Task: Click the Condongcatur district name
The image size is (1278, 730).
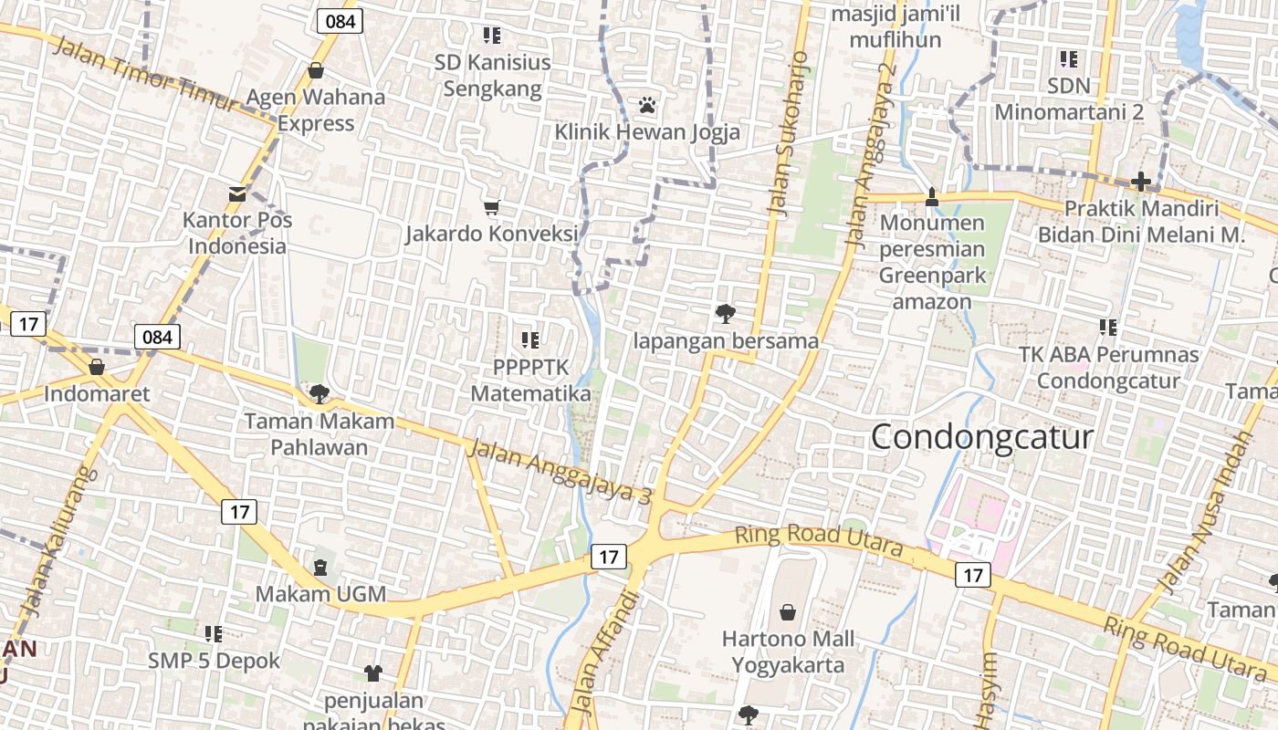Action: click(981, 436)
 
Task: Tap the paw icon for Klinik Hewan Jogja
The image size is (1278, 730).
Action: click(648, 105)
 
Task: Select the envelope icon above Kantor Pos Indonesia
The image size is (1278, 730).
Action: click(237, 193)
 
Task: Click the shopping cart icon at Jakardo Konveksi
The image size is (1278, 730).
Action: click(492, 208)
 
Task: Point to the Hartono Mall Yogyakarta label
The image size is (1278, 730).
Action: click(789, 651)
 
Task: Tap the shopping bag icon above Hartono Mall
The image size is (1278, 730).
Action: click(788, 612)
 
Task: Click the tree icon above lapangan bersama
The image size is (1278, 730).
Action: click(726, 314)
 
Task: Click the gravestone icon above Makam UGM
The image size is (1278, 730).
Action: click(320, 568)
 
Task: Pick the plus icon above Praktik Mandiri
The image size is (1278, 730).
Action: click(1140, 182)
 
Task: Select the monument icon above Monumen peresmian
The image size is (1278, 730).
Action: click(932, 196)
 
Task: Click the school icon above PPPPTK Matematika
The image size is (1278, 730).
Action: click(530, 340)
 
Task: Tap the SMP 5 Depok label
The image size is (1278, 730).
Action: click(215, 660)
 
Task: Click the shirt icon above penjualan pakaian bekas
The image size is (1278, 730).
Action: click(373, 673)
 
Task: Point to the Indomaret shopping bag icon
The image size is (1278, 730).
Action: click(97, 367)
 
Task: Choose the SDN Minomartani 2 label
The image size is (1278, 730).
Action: click(1069, 99)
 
